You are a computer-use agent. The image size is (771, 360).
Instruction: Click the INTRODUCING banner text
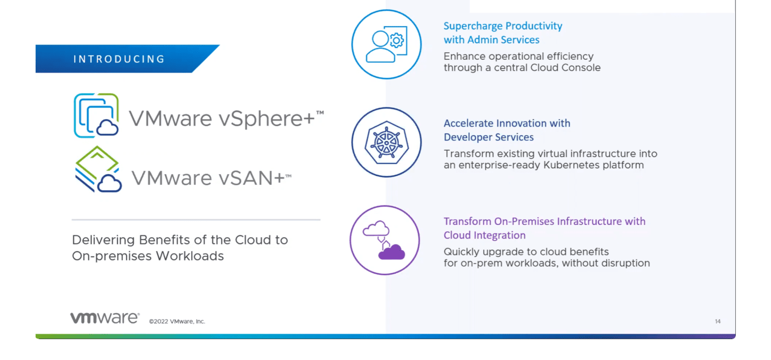pos(119,59)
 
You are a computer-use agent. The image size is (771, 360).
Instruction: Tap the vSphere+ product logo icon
pos(96,115)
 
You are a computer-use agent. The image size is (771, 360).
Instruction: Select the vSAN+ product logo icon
pos(98,170)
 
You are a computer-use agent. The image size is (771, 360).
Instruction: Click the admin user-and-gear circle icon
pos(386,44)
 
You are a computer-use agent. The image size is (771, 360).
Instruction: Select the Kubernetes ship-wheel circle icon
pos(386,142)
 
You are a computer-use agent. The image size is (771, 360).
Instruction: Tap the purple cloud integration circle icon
pos(384,240)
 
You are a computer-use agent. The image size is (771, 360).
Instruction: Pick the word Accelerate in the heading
pos(468,124)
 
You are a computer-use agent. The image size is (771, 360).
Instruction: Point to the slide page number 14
pos(717,321)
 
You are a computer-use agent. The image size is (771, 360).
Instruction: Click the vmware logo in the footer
pos(104,318)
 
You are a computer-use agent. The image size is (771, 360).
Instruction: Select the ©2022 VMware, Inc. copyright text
pos(177,321)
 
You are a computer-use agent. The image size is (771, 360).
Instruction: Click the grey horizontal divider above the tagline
pos(196,219)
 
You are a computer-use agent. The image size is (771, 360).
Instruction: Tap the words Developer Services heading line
pos(488,137)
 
